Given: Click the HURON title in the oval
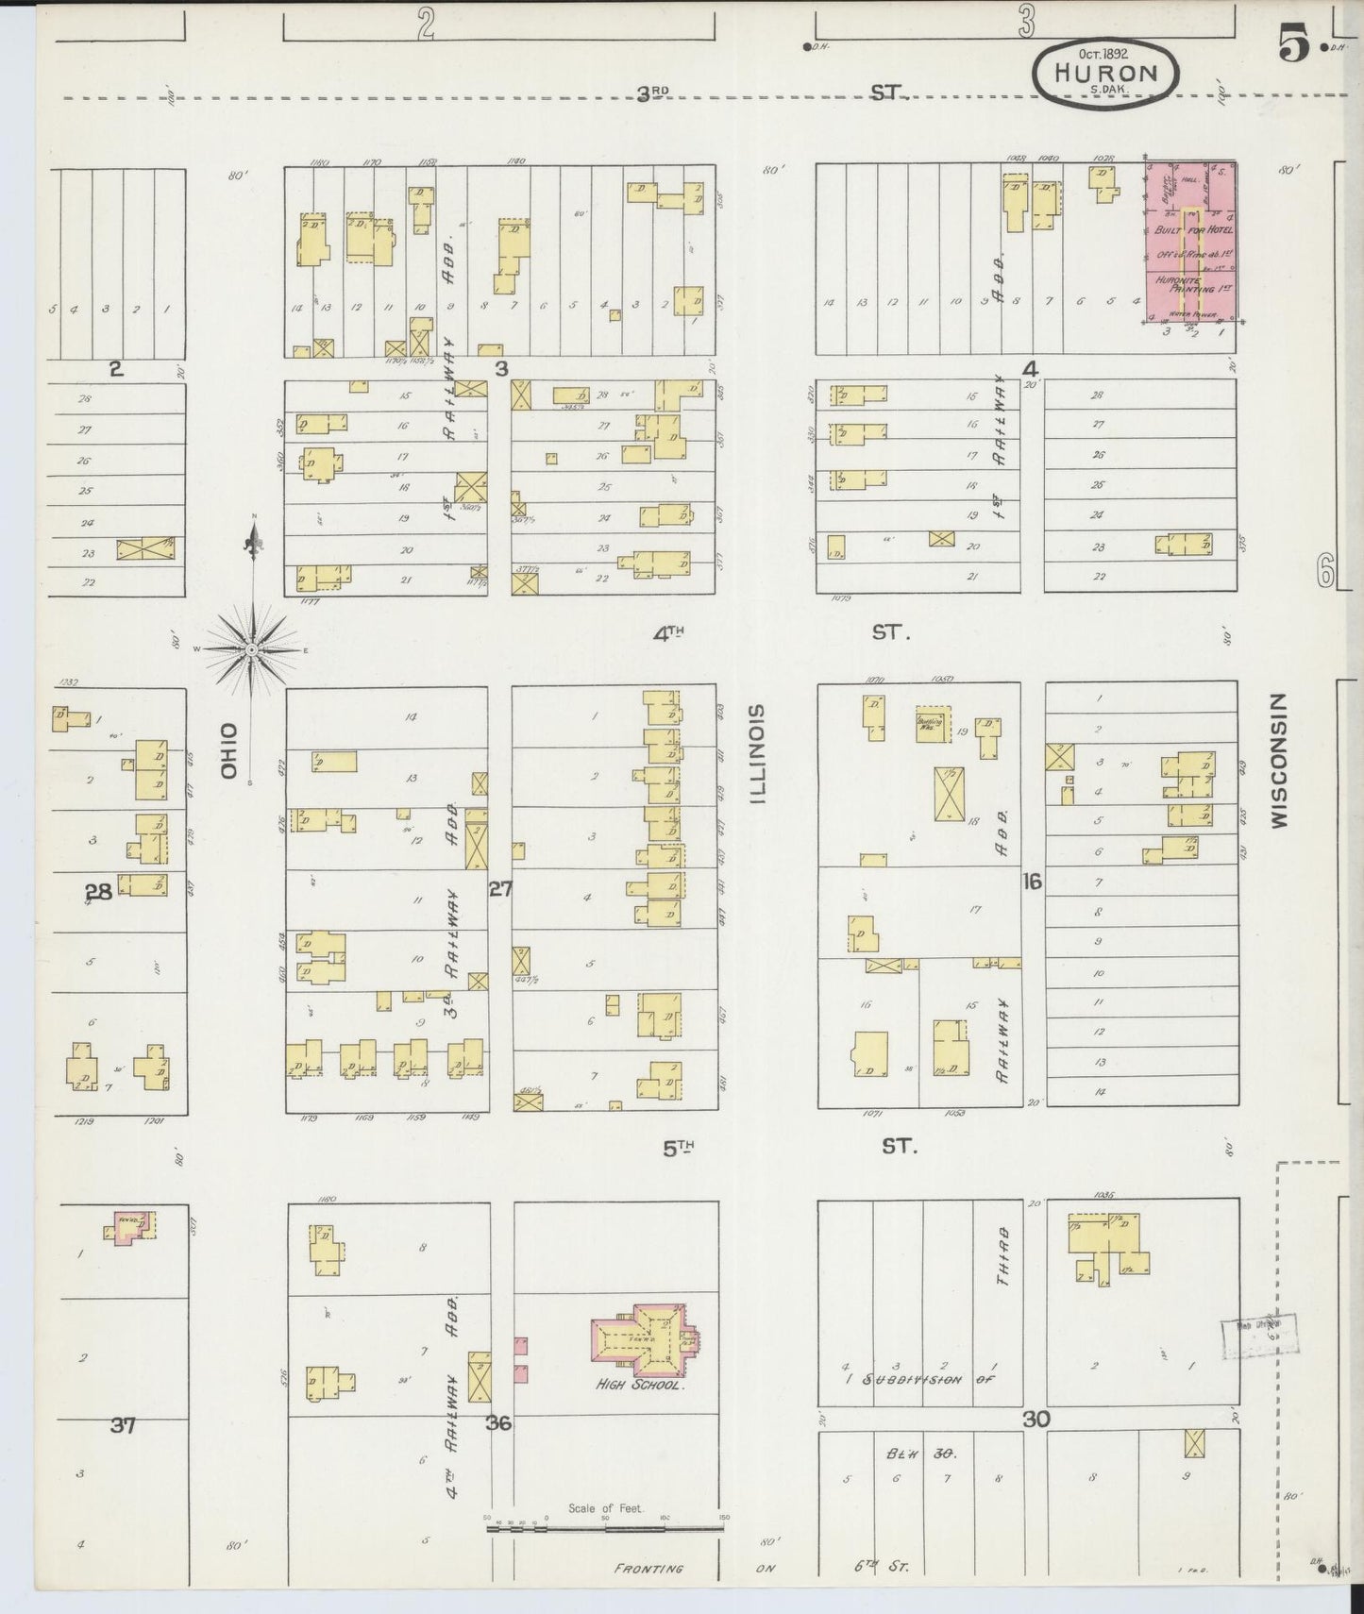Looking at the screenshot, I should pos(1105,72).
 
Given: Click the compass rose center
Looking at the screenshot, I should pos(252,650).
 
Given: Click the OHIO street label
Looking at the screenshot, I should pos(227,750).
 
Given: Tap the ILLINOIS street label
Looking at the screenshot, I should pos(757,752).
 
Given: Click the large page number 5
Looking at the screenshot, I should pos(1294,44).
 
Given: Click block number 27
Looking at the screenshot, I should pos(500,888).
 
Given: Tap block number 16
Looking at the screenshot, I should pos(1032,882).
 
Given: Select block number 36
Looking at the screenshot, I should pos(498,1422).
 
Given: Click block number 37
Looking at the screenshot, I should pos(123,1425).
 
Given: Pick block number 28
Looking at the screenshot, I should pos(98,890).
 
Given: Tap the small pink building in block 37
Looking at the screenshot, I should pos(127,1228).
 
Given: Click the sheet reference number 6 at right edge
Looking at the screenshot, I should pos(1326,570).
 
